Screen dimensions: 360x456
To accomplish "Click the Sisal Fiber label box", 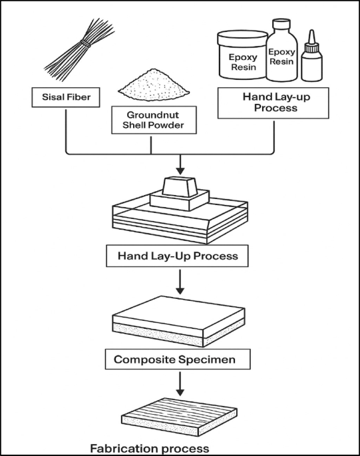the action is pyautogui.click(x=66, y=97).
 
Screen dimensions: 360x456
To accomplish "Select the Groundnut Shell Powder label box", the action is pyautogui.click(x=154, y=120).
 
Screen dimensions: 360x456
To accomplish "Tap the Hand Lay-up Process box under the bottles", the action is pyautogui.click(x=273, y=103).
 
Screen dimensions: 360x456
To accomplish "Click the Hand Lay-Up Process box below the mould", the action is pyautogui.click(x=177, y=256).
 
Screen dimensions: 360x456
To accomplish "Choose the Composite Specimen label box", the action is pyautogui.click(x=178, y=359).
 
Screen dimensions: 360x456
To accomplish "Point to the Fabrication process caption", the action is pyautogui.click(x=150, y=448).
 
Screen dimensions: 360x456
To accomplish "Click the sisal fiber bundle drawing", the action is pyautogui.click(x=79, y=48).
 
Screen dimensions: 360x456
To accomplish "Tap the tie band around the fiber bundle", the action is pyautogui.click(x=85, y=44).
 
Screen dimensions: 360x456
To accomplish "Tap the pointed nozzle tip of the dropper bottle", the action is pyautogui.click(x=311, y=31).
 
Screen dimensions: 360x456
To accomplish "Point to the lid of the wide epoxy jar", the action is pyautogui.click(x=242, y=37).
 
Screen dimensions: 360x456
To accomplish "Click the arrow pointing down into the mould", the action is pyautogui.click(x=180, y=164).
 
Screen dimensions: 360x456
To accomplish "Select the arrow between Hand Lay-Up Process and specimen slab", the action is pyautogui.click(x=180, y=282).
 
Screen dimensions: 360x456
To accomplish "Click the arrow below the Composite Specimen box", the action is pyautogui.click(x=180, y=384).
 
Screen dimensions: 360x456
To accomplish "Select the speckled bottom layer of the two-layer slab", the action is pyautogui.click(x=178, y=334).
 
